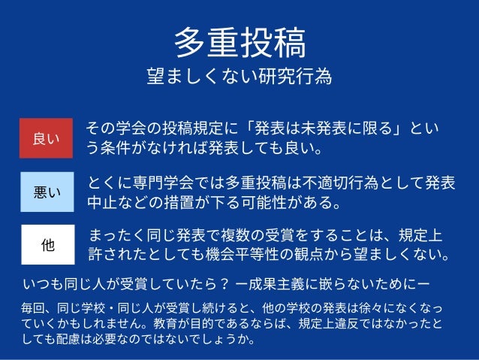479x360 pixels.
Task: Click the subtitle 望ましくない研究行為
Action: [239, 77]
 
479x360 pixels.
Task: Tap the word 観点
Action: [336, 256]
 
